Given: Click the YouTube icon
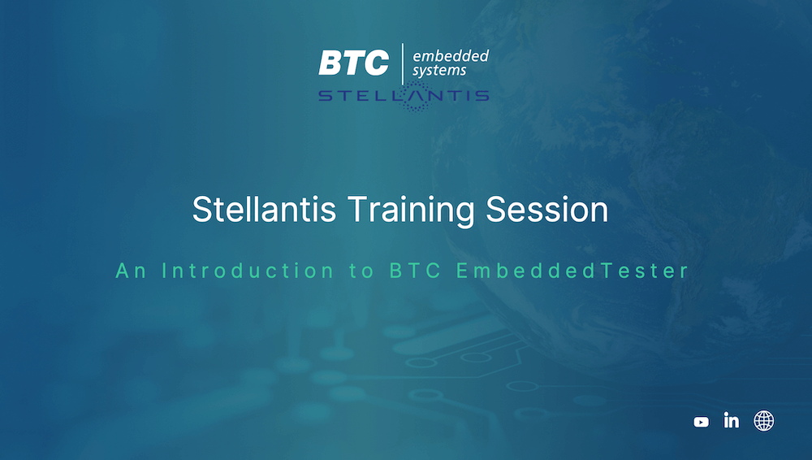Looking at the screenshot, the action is point(702,422).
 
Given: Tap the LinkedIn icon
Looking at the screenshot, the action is point(732,420).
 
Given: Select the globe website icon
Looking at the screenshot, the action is point(764,421).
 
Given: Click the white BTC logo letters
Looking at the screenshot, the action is point(354,63).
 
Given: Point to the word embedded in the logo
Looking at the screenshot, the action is point(451,55).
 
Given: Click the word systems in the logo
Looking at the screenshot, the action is point(439,71).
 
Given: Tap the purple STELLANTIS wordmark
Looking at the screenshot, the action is point(404,95).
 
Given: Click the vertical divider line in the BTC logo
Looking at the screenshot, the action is point(403,63).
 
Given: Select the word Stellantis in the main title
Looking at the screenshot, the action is point(264,209).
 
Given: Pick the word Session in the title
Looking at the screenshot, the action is point(546,209).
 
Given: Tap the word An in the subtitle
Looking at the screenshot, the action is point(131,271).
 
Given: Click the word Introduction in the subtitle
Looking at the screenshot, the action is point(248,271).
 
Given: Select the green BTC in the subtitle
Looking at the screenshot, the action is point(415,271).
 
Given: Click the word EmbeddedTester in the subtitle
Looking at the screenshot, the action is point(572,271).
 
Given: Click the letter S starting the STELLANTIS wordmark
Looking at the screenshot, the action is point(326,95).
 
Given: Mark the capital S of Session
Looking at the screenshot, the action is point(495,209).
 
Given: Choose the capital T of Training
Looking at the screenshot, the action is point(357,209).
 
